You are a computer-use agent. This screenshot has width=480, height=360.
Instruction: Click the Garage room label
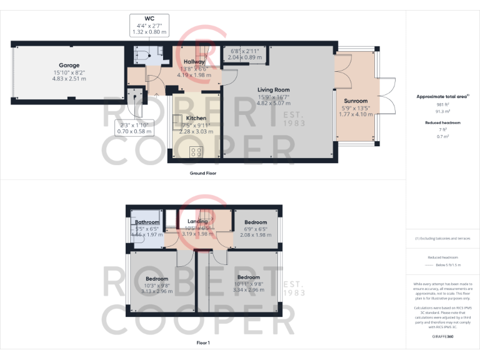point(69,65)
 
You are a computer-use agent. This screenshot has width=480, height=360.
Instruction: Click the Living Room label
point(273,90)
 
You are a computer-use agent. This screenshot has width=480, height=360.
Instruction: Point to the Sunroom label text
point(356,101)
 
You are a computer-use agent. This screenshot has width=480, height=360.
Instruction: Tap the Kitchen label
point(196,117)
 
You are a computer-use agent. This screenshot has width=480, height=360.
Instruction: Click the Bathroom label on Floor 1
point(148,222)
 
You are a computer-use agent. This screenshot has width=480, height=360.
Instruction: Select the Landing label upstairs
point(197,222)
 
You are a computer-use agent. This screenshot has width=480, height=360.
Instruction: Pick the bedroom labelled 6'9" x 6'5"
point(256,222)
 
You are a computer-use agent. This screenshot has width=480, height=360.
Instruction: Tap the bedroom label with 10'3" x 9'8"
point(157,279)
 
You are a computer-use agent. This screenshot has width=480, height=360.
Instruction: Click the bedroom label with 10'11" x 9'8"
point(248,277)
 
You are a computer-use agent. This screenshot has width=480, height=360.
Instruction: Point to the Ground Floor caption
point(202,173)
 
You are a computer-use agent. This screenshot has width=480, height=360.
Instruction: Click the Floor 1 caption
point(202,343)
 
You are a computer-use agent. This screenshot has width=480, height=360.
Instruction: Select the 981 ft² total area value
point(443,104)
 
